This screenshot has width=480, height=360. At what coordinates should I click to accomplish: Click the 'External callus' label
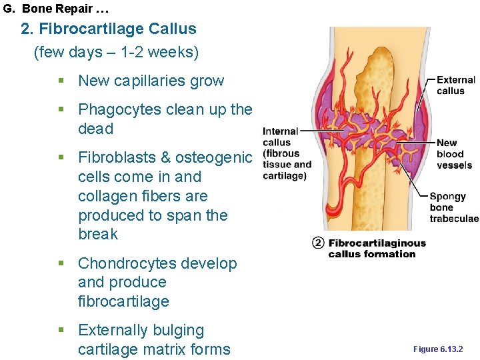point(455,85)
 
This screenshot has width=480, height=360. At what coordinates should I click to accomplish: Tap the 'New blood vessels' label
point(454,154)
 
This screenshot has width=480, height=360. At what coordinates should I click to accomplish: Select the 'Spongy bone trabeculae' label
point(454,207)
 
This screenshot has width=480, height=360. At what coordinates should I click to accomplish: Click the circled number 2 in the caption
point(318,243)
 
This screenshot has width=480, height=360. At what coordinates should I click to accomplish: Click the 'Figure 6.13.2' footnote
point(437,349)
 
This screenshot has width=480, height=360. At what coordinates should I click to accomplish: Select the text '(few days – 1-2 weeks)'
point(117,52)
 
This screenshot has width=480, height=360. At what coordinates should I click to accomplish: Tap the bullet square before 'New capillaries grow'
point(61,81)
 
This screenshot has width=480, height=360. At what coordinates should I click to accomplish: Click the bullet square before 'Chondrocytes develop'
point(61,264)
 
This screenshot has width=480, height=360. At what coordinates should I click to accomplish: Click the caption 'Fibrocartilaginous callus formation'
point(377,248)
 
